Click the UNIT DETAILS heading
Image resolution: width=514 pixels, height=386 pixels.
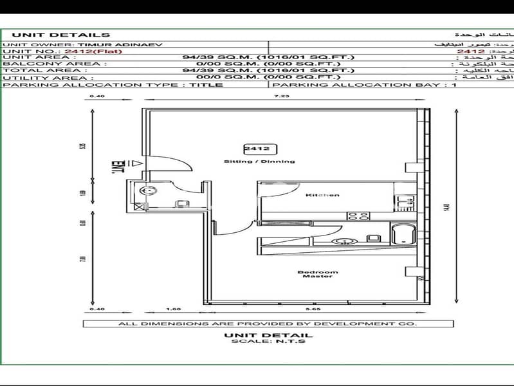(x=61, y=35)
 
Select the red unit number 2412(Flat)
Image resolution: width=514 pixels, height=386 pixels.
(x=86, y=50)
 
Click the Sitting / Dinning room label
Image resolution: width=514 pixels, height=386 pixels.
(x=259, y=161)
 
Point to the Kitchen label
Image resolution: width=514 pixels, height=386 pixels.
(x=322, y=195)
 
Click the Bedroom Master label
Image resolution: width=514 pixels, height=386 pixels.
(x=317, y=274)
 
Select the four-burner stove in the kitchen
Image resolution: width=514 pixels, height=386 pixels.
(x=358, y=216)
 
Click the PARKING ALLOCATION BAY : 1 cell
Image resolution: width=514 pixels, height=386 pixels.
(x=364, y=84)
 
